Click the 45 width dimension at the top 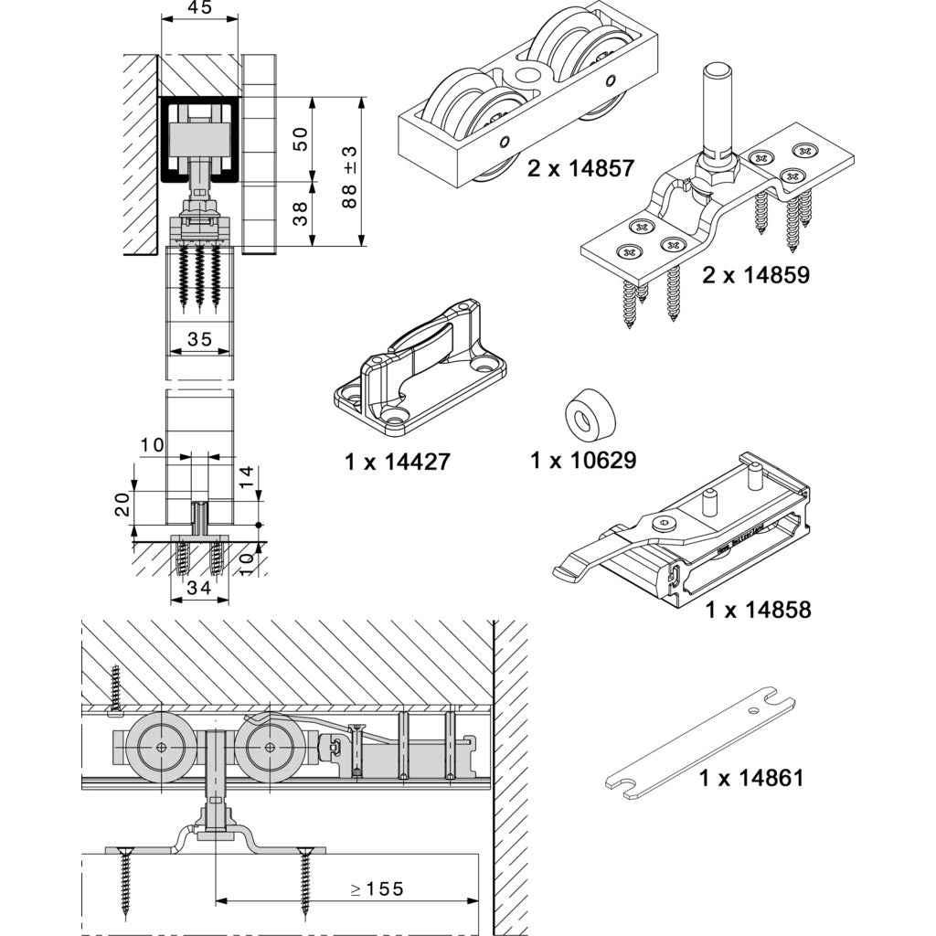[x=199, y=8]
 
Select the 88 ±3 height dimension [x=349, y=175]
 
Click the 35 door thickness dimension [x=199, y=340]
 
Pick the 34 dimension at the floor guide [x=199, y=590]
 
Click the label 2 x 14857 [x=580, y=168]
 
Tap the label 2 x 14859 [x=756, y=274]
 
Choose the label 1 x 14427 [x=398, y=462]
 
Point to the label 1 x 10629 [x=583, y=460]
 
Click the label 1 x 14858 [x=758, y=610]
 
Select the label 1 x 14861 [x=751, y=778]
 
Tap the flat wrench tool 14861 [x=700, y=750]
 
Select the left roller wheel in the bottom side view [x=161, y=747]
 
